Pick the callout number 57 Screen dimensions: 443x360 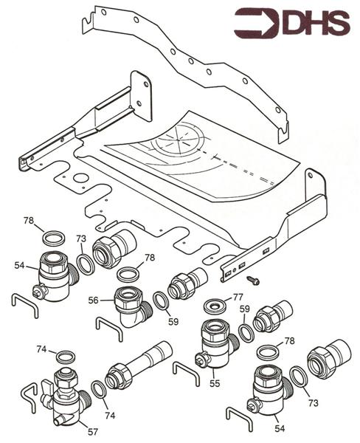click(92, 430)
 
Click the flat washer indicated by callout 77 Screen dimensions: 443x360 click(217, 306)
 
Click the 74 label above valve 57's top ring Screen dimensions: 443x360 click(41, 349)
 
